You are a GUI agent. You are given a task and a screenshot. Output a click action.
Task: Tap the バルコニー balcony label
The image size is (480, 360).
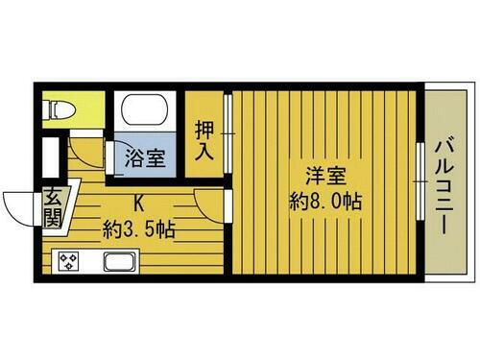coord(443,182)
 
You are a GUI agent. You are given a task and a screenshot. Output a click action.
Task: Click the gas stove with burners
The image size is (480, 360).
coord(70,261)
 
